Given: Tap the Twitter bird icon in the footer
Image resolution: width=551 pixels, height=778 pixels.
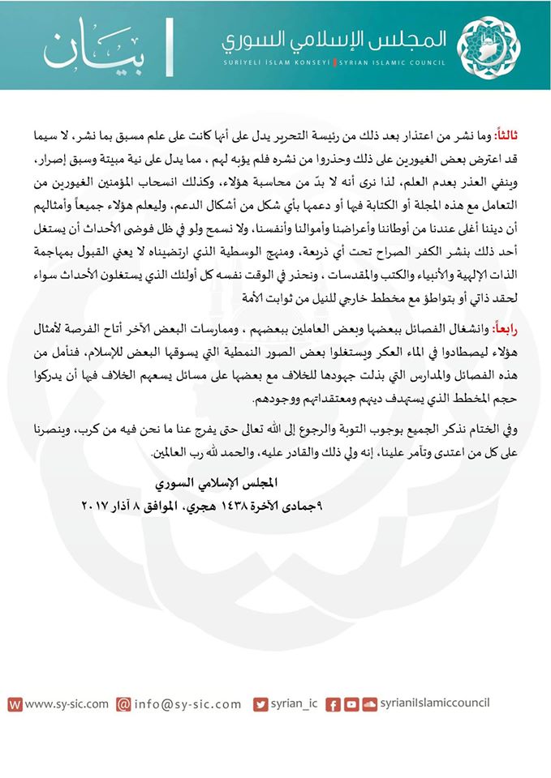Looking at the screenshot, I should [260, 705].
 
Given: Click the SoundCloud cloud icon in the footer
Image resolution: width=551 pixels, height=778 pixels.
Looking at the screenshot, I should [369, 705].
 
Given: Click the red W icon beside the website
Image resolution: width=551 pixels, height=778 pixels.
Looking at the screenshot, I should [15, 705].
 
